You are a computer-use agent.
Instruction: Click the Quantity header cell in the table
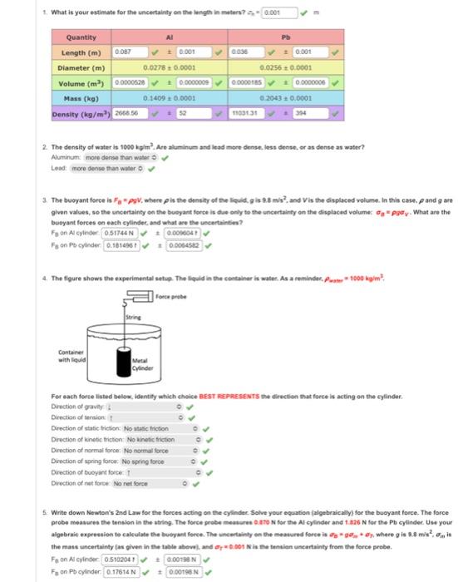(81, 37)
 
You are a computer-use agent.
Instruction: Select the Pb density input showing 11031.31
(247, 113)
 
